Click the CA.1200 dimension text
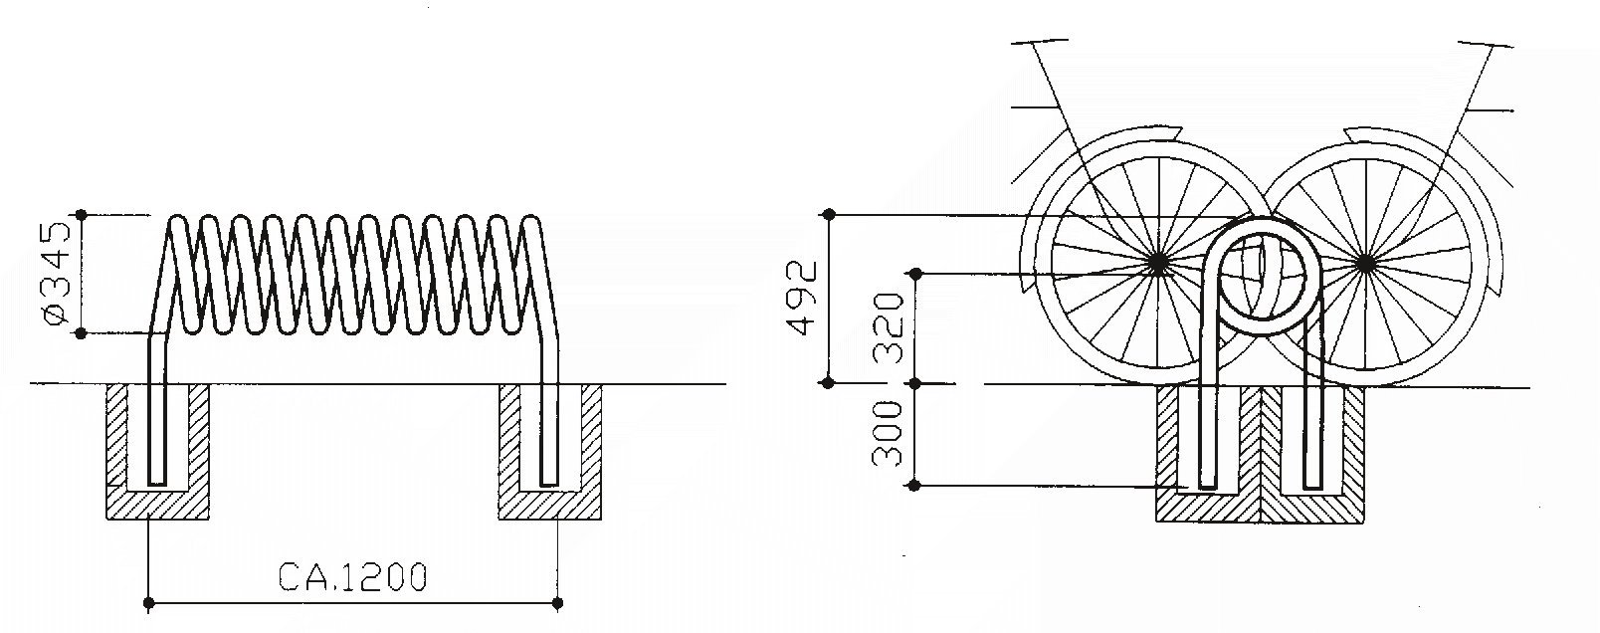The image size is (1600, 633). (x=353, y=577)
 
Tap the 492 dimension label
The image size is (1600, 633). (x=802, y=298)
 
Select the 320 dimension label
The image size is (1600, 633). (x=890, y=327)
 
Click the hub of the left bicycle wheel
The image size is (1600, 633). (x=1157, y=264)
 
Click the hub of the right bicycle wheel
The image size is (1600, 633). (x=1366, y=264)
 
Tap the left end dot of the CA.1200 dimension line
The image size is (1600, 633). (x=148, y=602)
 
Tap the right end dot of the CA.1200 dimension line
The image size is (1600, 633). (x=557, y=602)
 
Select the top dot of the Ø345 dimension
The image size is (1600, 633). (x=82, y=214)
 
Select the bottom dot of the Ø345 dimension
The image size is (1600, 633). (x=82, y=334)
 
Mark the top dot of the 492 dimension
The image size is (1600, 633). (x=828, y=214)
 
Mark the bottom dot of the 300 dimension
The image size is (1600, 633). (x=915, y=486)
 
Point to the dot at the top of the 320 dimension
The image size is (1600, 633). (x=915, y=273)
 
